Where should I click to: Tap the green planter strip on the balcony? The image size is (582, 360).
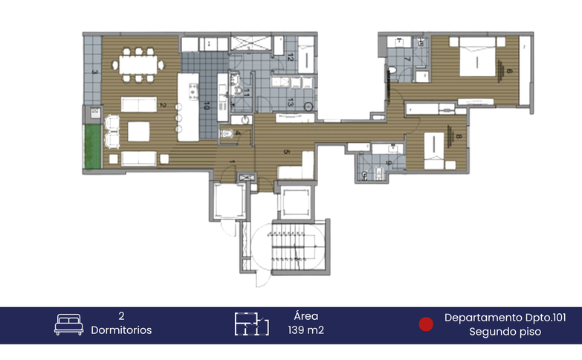(x=92, y=147)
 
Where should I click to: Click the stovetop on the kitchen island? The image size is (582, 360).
(x=192, y=92)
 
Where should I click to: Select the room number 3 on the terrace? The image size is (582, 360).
(x=94, y=72)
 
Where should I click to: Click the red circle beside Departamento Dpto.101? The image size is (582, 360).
(x=426, y=324)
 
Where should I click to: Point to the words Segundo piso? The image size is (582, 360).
(x=505, y=332)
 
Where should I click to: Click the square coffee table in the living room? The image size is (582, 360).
(x=140, y=131)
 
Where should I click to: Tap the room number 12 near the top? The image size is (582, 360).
(x=290, y=58)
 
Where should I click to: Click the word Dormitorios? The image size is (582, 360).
(x=121, y=330)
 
